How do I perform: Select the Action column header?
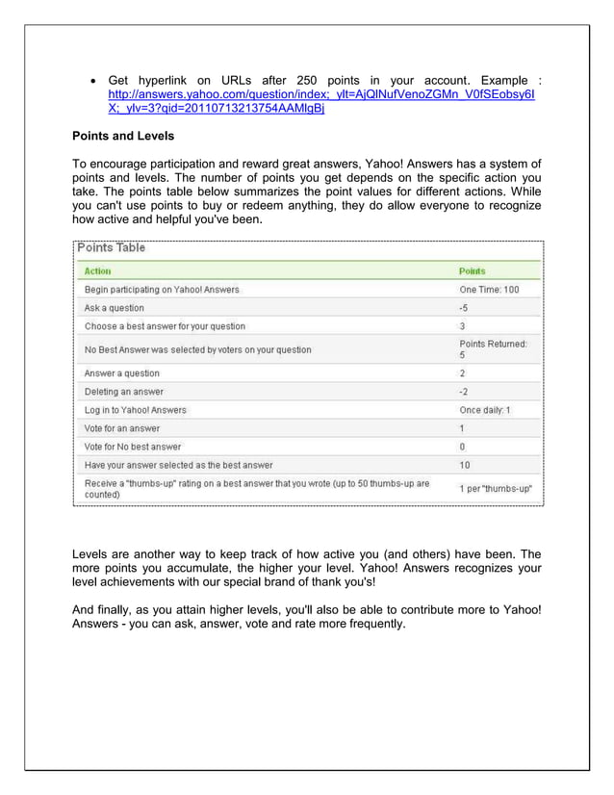(98, 271)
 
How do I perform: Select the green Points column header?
(473, 271)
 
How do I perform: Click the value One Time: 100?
(489, 290)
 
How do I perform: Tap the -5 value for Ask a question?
(464, 308)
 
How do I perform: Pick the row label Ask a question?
(115, 308)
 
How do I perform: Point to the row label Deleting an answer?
(124, 392)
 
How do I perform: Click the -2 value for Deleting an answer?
(464, 392)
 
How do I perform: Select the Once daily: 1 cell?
(485, 410)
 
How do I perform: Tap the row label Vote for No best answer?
(133, 447)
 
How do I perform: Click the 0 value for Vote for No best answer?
(462, 447)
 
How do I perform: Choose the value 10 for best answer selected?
(465, 465)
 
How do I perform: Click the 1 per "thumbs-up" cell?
(496, 488)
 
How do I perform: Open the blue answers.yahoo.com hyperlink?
(322, 96)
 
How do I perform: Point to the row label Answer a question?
(122, 373)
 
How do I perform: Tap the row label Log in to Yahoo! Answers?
(136, 410)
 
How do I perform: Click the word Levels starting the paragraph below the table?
(93, 554)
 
